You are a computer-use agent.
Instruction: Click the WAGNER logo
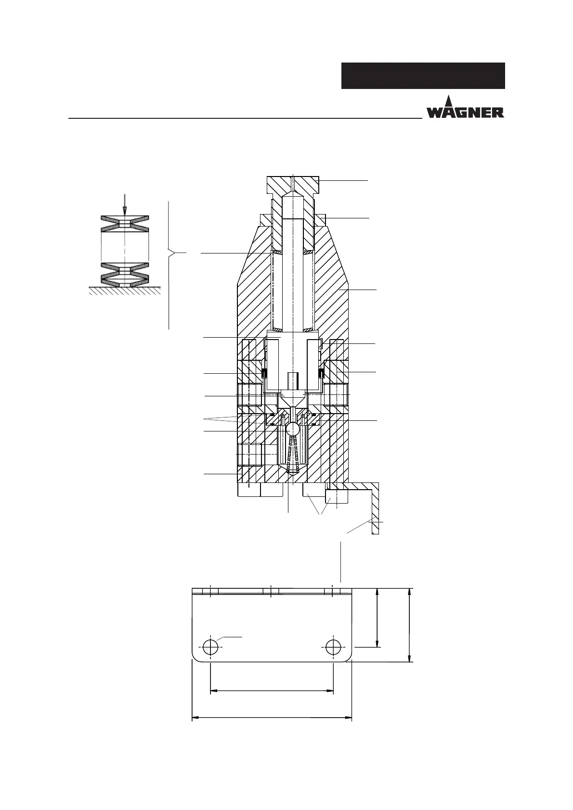pos(465,107)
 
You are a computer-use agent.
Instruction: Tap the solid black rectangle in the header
pos(423,76)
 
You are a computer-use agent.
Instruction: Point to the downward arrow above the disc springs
pos(125,205)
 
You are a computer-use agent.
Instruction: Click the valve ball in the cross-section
pos(292,429)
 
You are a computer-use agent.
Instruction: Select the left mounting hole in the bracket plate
pos(210,647)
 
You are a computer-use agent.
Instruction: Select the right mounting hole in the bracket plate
pos(333,647)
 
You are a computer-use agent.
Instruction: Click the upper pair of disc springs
pos(125,224)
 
